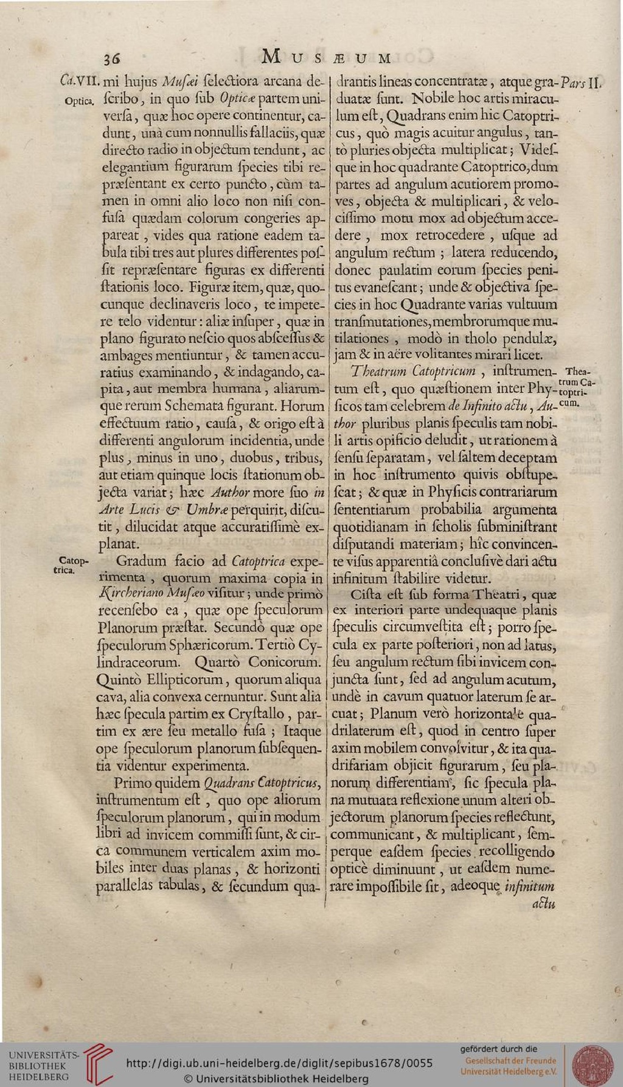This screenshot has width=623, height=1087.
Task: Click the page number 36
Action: point(111,58)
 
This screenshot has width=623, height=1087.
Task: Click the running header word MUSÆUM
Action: point(326,58)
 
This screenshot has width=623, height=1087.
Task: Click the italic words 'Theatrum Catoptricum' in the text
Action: point(413,371)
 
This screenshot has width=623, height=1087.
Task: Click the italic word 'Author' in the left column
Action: point(230,491)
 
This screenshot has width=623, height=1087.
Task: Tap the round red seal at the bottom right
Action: point(593,1064)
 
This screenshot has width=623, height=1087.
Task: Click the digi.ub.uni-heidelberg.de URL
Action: point(279,1063)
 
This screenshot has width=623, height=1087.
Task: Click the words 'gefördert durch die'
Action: point(498,1049)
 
